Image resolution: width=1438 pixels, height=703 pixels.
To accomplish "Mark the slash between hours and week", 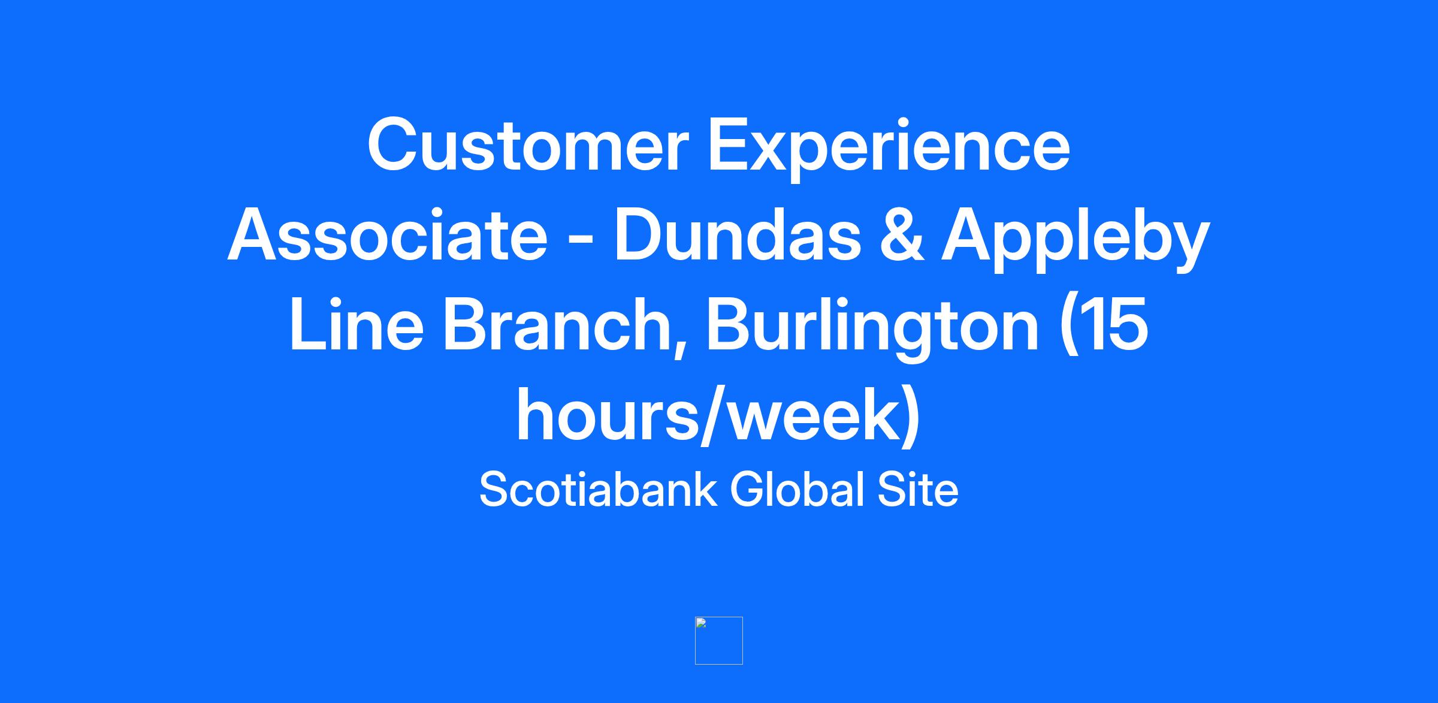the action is [x=714, y=416].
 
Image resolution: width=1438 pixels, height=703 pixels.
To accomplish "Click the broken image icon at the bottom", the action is [x=719, y=640].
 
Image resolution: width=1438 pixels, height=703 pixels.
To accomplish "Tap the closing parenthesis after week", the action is [x=911, y=417].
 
